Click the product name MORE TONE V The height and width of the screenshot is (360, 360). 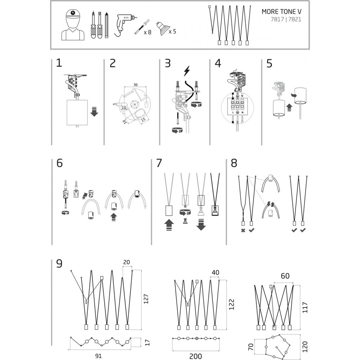pos(282,12)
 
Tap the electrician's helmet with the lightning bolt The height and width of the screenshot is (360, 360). pos(73,14)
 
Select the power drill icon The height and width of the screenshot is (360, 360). pos(124,24)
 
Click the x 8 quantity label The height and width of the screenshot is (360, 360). pos(147,32)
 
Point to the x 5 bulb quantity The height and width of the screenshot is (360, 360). pos(172,31)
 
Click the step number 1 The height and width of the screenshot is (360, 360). pos(59,63)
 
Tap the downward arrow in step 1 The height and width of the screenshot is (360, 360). pos(94,112)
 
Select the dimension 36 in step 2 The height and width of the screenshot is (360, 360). pos(135,85)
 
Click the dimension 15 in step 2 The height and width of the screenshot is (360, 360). pos(143,120)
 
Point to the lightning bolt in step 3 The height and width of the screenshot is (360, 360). pos(187,71)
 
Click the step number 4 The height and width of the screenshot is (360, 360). pos(218,63)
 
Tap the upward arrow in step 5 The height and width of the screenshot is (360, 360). pos(289,107)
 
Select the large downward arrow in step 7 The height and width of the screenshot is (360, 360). pos(201,225)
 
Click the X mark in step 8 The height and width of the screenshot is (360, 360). pos(243,230)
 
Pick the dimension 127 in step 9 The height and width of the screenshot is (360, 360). pos(146,299)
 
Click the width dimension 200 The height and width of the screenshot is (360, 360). pos(195,356)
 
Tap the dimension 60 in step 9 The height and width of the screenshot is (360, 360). pos(285,276)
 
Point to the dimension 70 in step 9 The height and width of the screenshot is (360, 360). pos(251,347)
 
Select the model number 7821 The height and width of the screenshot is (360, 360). pos(294,19)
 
